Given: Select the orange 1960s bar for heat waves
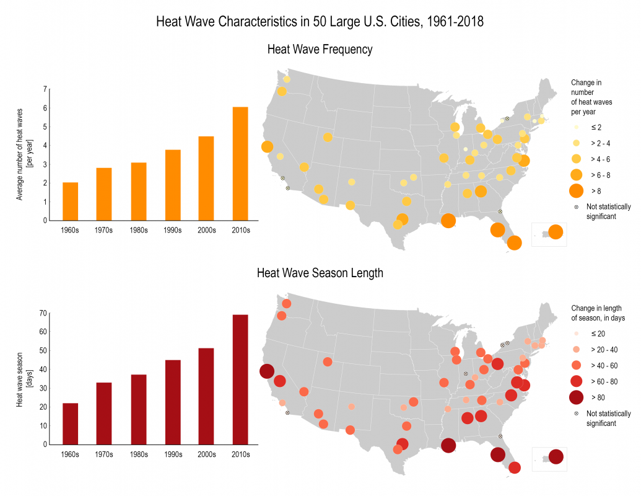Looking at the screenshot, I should tap(71, 201).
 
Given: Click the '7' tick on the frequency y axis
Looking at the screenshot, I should tap(45, 89).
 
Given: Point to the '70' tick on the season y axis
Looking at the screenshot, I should tap(43, 313).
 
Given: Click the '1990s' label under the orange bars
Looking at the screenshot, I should tap(173, 231).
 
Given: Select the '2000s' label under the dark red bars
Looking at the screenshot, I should tap(206, 454).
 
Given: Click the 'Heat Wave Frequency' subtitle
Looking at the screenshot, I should tap(320, 50).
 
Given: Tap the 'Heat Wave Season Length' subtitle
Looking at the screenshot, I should tap(320, 273).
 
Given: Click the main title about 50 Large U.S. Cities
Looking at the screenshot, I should tap(320, 22).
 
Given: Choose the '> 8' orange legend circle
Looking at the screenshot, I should tap(576, 190).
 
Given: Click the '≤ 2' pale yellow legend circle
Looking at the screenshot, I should tap(576, 127).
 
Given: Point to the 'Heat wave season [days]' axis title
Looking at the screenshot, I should tap(24, 378).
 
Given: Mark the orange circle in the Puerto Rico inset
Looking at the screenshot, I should tap(556, 232).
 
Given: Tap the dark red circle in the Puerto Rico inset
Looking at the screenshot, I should tap(556, 457).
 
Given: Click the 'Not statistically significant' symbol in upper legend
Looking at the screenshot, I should tap(576, 208).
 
